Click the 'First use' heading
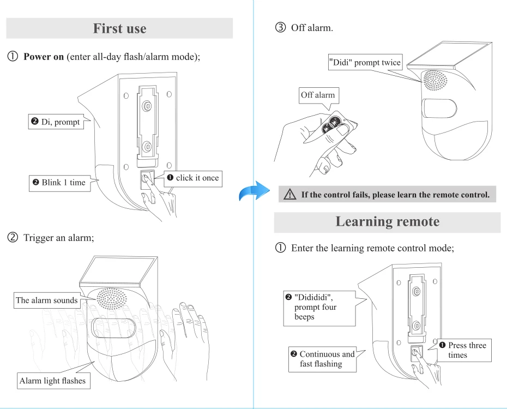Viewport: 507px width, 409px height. [119, 28]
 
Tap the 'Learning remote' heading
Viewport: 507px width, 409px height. [387, 221]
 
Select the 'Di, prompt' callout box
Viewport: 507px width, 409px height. [56, 122]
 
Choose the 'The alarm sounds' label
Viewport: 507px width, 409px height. [47, 300]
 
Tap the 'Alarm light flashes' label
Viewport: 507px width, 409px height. [52, 381]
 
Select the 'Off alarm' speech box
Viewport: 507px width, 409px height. [318, 95]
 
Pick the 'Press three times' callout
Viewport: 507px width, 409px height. [463, 350]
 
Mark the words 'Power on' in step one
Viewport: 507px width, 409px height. [44, 57]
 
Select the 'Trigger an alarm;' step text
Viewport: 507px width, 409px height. [59, 238]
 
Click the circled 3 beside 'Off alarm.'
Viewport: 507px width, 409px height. [281, 28]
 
